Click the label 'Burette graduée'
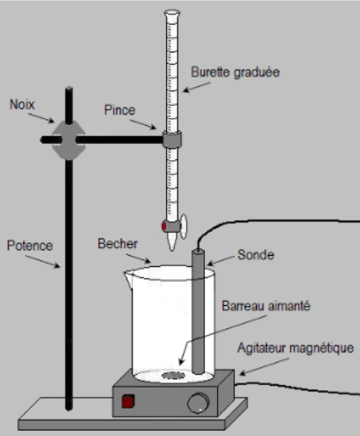[x=235, y=72]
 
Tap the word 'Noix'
[x=22, y=104]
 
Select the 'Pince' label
[x=120, y=110]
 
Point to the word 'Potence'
[x=30, y=246]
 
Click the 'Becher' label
[x=117, y=244]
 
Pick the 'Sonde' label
[x=256, y=255]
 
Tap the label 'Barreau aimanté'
[x=266, y=306]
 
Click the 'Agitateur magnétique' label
[x=295, y=348]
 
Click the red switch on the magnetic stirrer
[x=128, y=402]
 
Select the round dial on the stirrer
[x=198, y=402]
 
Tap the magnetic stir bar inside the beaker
[x=172, y=375]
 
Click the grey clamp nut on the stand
[x=69, y=140]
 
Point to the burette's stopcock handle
[x=183, y=227]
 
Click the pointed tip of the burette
[x=172, y=250]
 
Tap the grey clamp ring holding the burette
[x=172, y=140]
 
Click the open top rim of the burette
[x=172, y=13]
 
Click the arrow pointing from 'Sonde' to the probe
[x=220, y=260]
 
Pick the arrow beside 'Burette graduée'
[x=196, y=87]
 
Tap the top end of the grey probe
[x=198, y=251]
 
